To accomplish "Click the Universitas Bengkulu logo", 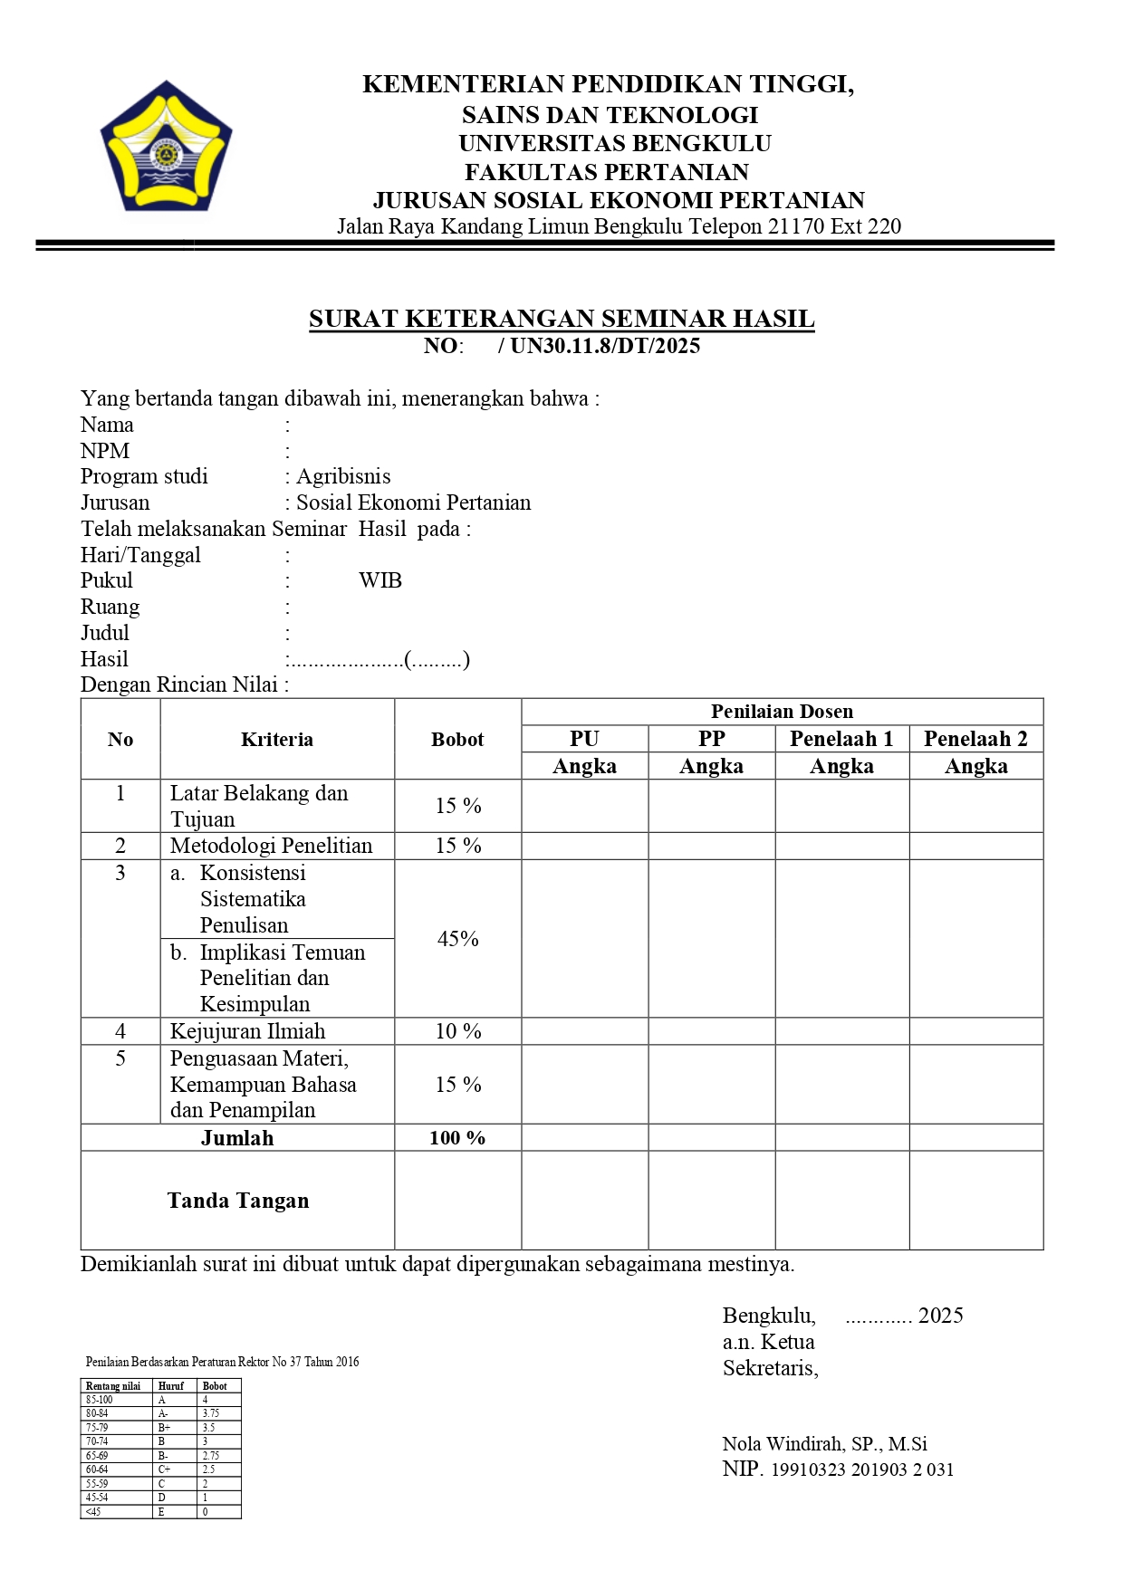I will click(x=166, y=146).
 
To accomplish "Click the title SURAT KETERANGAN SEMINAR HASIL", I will click(x=562, y=319).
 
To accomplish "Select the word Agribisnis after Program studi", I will click(x=343, y=477).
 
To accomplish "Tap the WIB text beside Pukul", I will click(x=380, y=581).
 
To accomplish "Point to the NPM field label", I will click(x=105, y=451).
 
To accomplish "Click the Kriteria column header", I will click(x=277, y=740).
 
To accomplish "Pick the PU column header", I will click(x=584, y=739).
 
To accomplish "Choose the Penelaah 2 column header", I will click(x=975, y=739).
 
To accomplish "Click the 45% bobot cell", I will click(x=457, y=939).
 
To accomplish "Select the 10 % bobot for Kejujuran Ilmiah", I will click(x=457, y=1031).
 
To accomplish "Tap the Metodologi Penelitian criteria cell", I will click(x=272, y=846).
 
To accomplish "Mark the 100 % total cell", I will click(x=457, y=1138).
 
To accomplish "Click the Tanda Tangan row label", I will click(x=238, y=1201).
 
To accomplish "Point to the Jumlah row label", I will click(x=237, y=1138).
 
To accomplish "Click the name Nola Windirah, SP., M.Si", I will click(x=824, y=1444).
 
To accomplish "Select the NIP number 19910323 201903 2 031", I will click(x=862, y=1469).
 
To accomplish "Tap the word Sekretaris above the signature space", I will click(x=770, y=1368).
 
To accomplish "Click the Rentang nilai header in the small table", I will click(x=113, y=1386).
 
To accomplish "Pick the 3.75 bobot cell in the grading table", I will click(x=211, y=1413).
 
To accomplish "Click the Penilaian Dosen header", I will click(x=782, y=712).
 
